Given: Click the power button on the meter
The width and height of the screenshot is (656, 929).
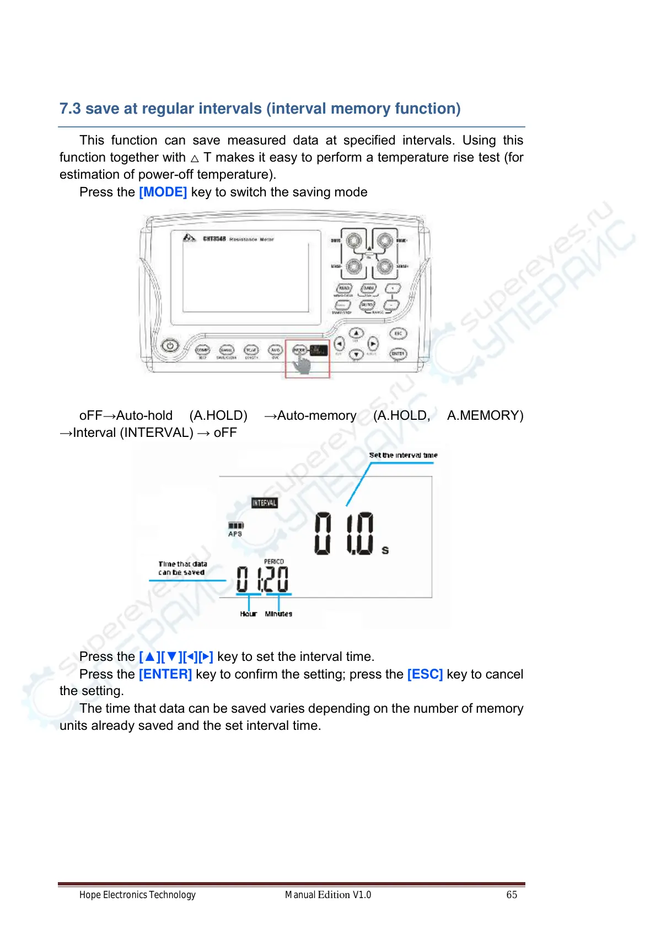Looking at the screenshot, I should pos(170,346).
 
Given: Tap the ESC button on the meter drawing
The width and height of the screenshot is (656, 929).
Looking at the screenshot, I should pos(398,333).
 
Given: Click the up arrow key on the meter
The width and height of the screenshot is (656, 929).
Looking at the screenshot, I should pos(357,333).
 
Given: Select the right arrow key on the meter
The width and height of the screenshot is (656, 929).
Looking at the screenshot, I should pos(373,344).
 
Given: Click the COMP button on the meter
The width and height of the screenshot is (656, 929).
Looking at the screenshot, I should pos(203,350).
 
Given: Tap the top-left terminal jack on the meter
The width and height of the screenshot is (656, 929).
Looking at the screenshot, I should pos(353,241).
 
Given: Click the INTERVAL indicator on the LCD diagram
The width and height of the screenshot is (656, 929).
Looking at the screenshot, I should pos(264,503).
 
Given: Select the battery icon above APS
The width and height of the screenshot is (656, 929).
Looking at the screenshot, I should pos(235,526).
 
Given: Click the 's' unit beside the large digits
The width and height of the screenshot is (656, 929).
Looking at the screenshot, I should pos(385,550).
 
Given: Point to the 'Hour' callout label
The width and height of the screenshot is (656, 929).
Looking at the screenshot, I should pos(248,613).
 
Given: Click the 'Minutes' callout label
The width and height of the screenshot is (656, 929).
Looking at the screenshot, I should pos(278,613).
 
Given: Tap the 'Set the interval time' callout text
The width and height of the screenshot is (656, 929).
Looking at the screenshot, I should pos(403,455).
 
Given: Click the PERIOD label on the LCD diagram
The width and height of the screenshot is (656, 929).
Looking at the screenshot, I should pos(274,562).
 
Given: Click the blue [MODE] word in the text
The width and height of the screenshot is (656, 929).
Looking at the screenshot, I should pos(163,192).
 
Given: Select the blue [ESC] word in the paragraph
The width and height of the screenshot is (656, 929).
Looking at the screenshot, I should pos(425,674).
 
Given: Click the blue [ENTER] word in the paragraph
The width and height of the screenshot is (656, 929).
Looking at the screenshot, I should pos(165,674).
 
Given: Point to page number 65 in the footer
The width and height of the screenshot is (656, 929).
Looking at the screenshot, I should pos(512,895).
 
